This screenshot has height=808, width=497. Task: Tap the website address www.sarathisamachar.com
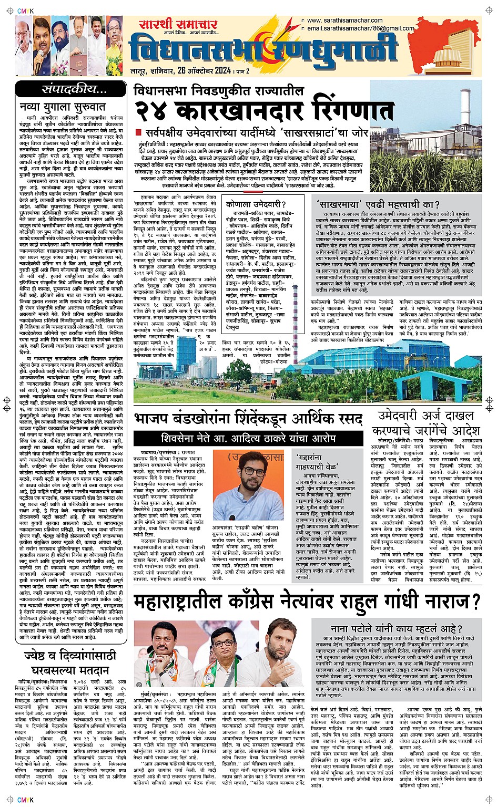[x=345, y=21]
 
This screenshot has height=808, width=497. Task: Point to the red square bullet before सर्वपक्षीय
[x=139, y=132]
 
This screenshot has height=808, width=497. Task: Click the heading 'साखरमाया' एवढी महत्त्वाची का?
[x=378, y=204]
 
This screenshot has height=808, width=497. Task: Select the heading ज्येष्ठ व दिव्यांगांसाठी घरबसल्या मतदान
[x=66, y=663]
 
